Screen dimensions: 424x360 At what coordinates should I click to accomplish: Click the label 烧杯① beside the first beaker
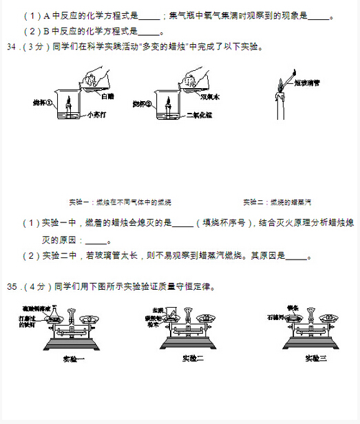(x=43, y=103)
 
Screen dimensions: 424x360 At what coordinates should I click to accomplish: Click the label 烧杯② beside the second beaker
(x=142, y=104)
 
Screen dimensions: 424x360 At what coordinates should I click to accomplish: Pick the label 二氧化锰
(x=197, y=115)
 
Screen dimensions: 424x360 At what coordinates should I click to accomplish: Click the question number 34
(x=13, y=47)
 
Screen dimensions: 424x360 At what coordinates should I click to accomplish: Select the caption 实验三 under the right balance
(x=316, y=359)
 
